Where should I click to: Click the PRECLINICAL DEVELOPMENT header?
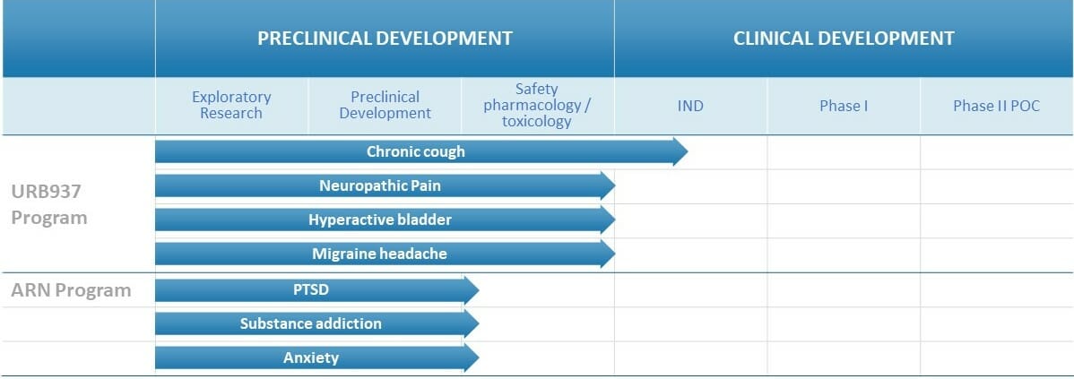click(x=385, y=39)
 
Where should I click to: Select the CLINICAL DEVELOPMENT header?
click(x=844, y=39)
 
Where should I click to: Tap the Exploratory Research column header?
click(x=231, y=106)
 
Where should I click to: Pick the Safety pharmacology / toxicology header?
click(x=537, y=106)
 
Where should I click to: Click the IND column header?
click(x=689, y=106)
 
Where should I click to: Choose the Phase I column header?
click(x=844, y=106)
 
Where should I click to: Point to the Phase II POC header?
click(x=996, y=106)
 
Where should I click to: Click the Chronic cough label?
click(x=416, y=151)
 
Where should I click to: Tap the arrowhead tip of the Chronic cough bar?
click(x=688, y=151)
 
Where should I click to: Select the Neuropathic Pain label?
click(x=380, y=185)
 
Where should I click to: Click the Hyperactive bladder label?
click(x=379, y=220)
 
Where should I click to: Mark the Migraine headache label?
click(x=379, y=254)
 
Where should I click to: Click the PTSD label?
click(x=311, y=289)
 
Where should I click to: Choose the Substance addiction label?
click(x=311, y=323)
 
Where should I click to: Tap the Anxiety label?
click(x=311, y=357)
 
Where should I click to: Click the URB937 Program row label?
click(x=49, y=204)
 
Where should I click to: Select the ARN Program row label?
click(x=71, y=290)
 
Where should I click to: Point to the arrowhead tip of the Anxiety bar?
click(x=478, y=357)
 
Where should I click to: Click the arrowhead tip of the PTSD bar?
click(x=478, y=289)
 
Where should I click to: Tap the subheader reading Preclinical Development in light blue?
click(x=385, y=106)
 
